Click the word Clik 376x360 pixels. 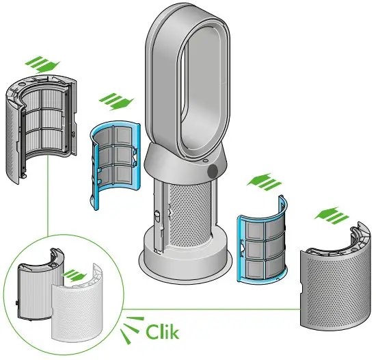point(163,332)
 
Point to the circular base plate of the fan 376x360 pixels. point(185,263)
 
